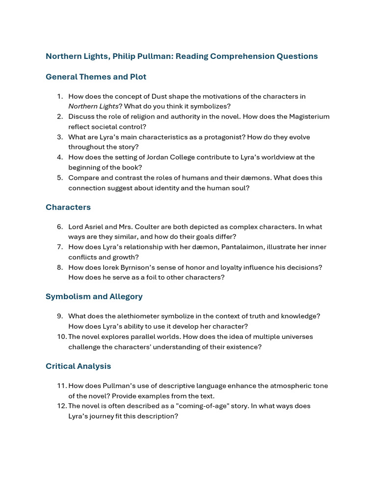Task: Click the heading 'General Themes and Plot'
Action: (x=96, y=77)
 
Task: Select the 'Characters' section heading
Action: (x=68, y=207)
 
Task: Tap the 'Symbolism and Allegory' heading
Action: (x=94, y=297)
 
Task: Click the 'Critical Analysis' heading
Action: (x=78, y=366)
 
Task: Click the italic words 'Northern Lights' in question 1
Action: (x=93, y=106)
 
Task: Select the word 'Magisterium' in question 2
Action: (x=308, y=116)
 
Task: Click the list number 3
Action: (x=59, y=137)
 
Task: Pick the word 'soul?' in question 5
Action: (x=240, y=188)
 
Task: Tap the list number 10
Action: (x=61, y=337)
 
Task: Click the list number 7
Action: (x=59, y=247)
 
